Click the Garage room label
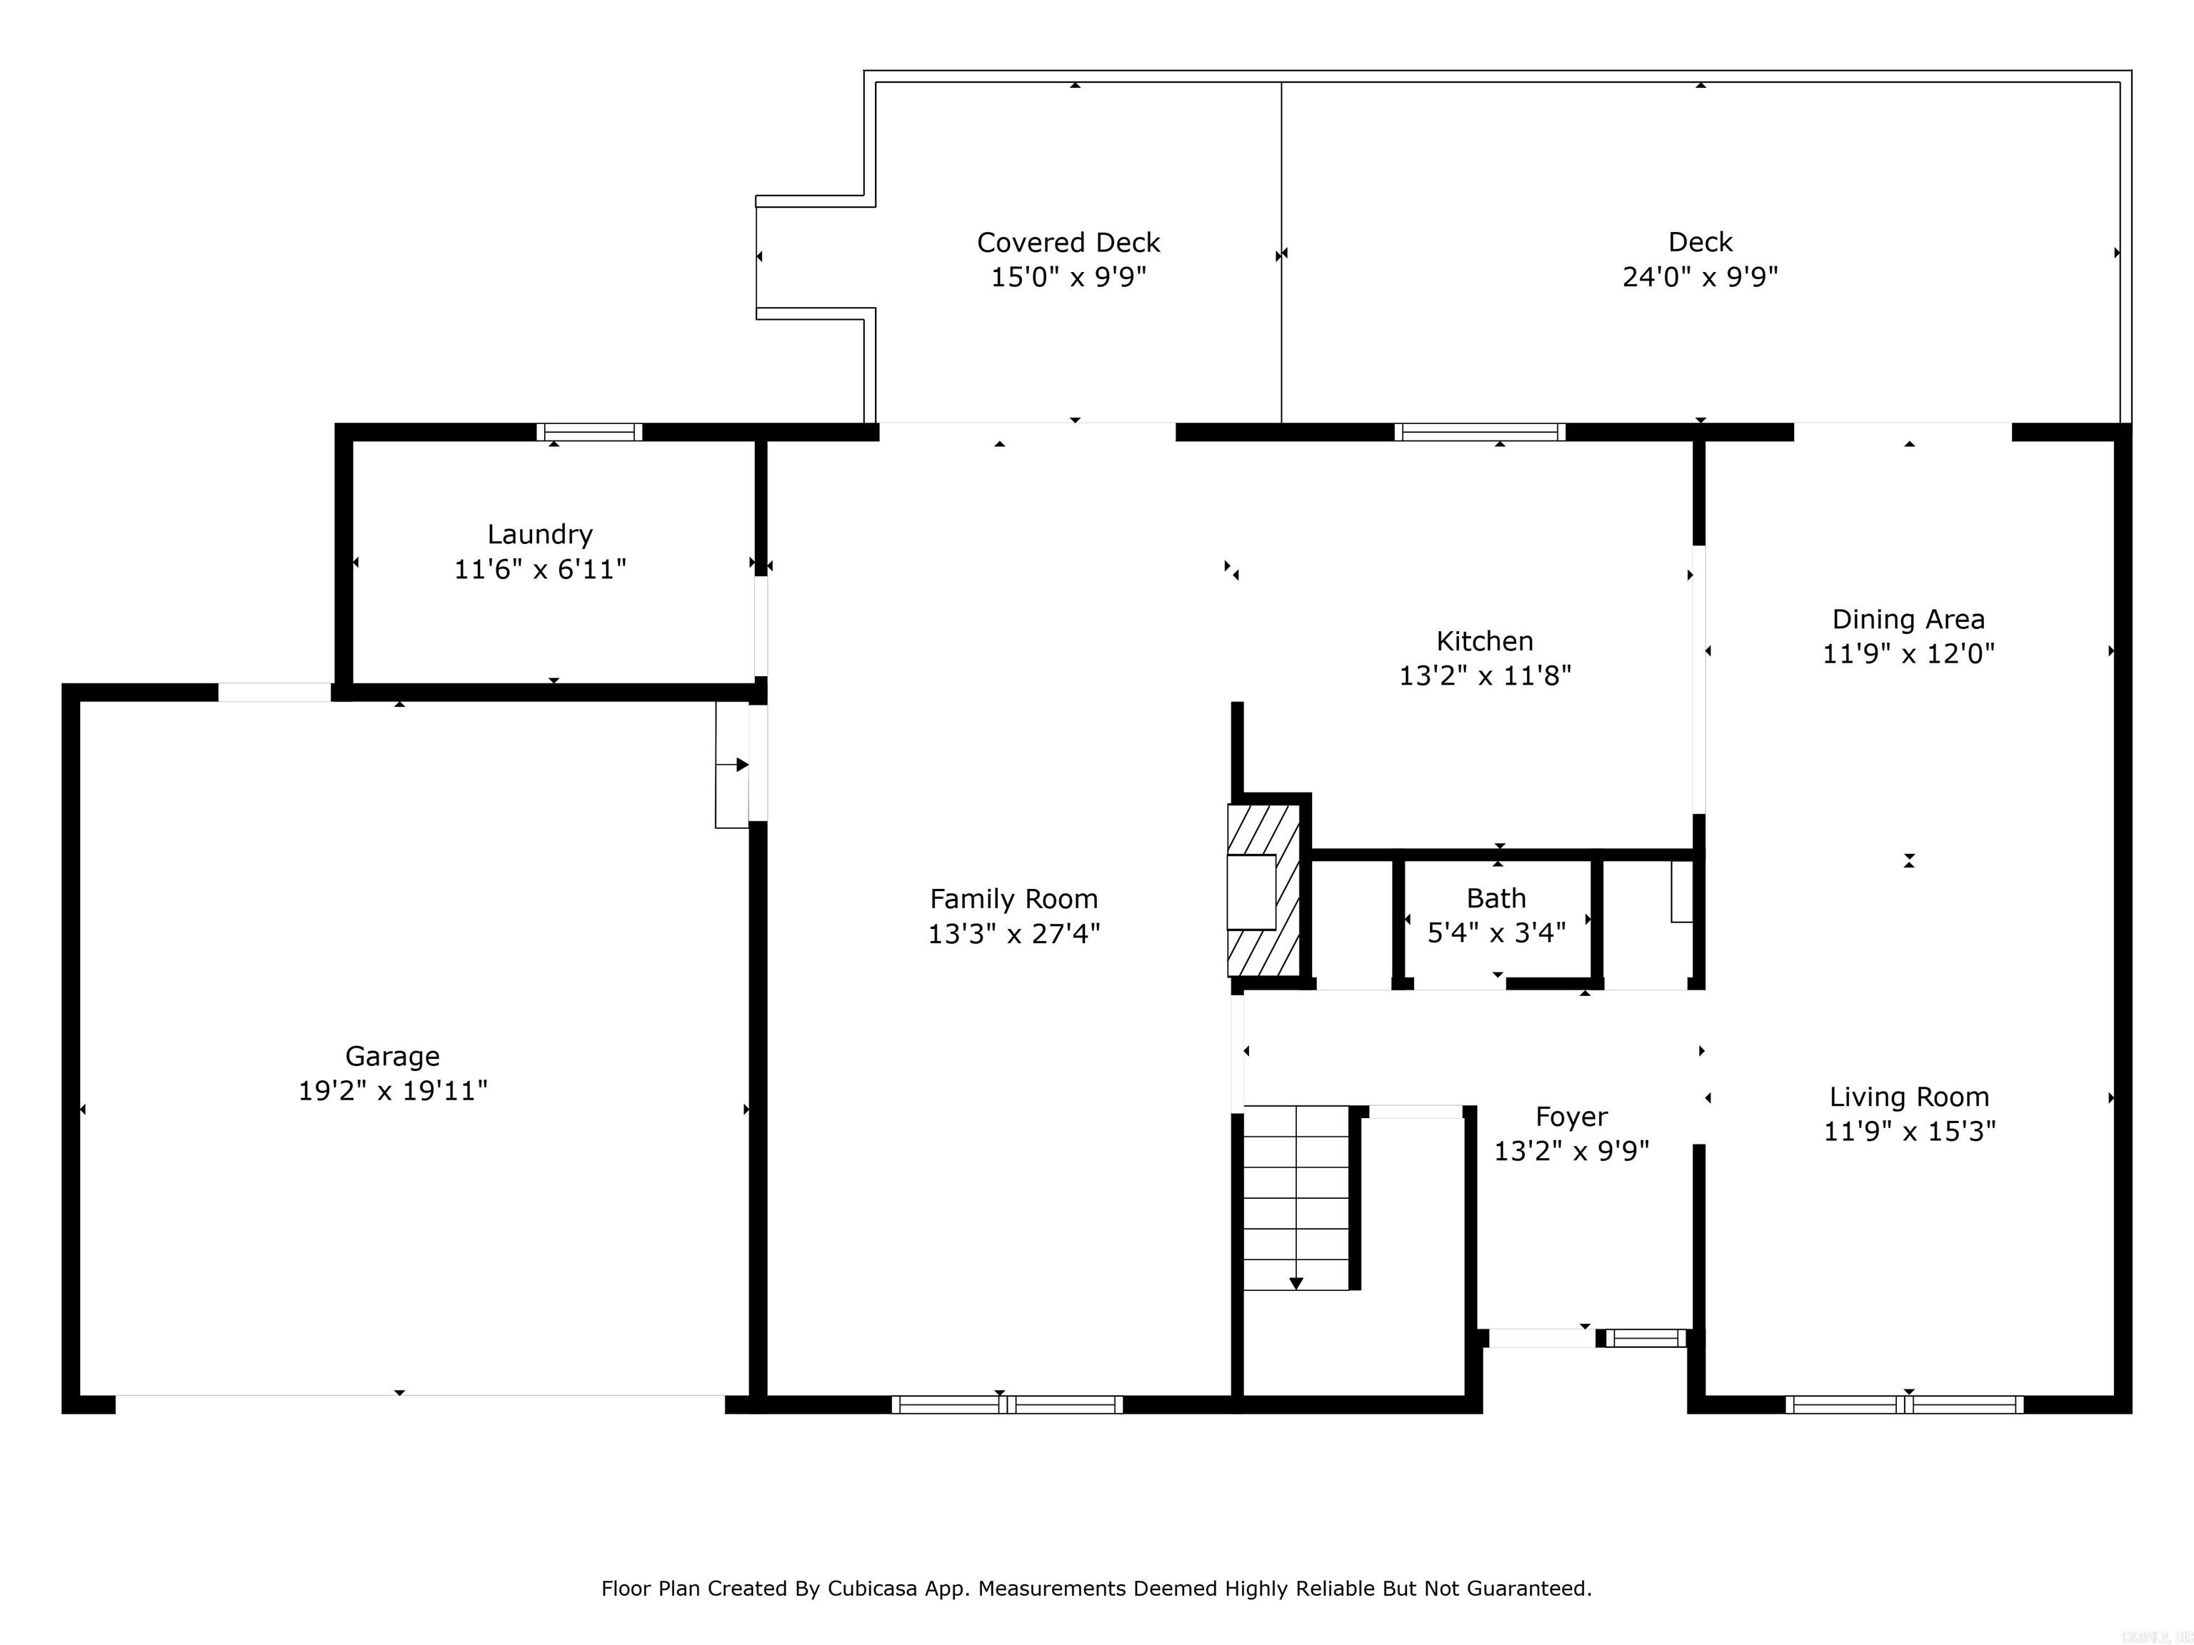click(392, 1056)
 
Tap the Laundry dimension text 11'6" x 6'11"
click(540, 569)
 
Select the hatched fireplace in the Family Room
click(1263, 890)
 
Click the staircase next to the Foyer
click(1296, 1198)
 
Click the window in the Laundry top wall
click(589, 433)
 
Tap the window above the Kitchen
click(1479, 433)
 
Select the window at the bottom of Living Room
click(1903, 1404)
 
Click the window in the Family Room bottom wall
click(1007, 1404)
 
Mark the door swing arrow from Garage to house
click(740, 765)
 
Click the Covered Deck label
click(1068, 243)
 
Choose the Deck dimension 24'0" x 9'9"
click(1699, 276)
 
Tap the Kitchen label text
click(1484, 640)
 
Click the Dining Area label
click(1908, 620)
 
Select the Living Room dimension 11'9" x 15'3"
click(1909, 1132)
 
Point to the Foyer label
click(1571, 1117)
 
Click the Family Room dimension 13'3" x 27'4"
click(1013, 934)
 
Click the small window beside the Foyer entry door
click(1645, 1339)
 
